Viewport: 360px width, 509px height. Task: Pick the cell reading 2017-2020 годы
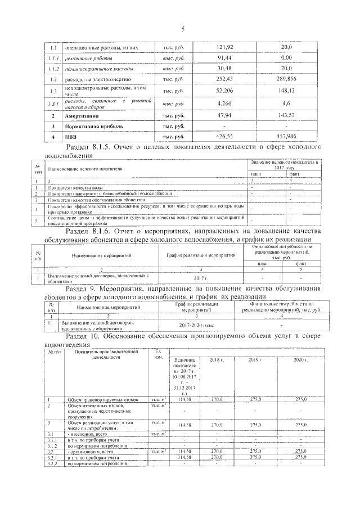[193, 326]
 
